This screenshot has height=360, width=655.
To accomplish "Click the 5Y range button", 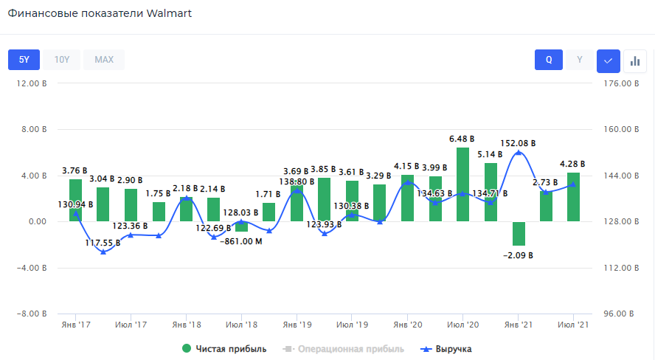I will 24,60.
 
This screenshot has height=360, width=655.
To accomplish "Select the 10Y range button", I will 62,60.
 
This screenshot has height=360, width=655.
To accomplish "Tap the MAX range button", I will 104,60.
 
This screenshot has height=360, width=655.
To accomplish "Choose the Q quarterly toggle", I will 549,60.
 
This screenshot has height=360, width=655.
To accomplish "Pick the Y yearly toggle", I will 580,60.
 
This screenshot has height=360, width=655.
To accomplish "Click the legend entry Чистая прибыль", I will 224,349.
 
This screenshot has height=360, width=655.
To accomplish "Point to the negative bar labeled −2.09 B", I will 519,233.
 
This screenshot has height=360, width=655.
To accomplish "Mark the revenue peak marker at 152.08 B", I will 519,153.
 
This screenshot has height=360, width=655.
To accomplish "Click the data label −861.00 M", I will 241,240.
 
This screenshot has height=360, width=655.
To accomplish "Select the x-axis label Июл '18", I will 241,325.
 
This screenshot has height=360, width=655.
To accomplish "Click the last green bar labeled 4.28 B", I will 573,197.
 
